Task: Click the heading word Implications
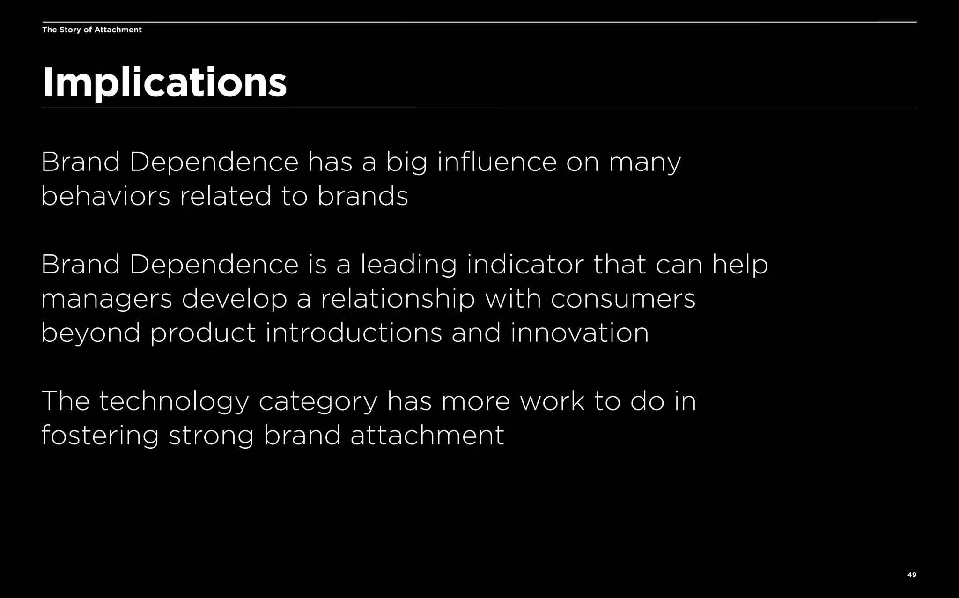pyautogui.click(x=164, y=83)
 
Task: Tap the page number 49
pyautogui.click(x=912, y=575)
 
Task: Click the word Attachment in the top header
pyautogui.click(x=118, y=30)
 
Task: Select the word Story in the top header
pyautogui.click(x=70, y=30)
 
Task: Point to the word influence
pyautogui.click(x=497, y=162)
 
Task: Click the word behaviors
pyautogui.click(x=106, y=196)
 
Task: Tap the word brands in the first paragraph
pyautogui.click(x=362, y=196)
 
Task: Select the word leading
pyautogui.click(x=408, y=265)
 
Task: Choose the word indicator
pyautogui.click(x=525, y=265)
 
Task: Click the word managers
pyautogui.click(x=107, y=299)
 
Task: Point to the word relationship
pyautogui.click(x=398, y=299)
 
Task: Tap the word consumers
pyautogui.click(x=623, y=299)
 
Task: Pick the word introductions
pyautogui.click(x=354, y=333)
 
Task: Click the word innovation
pyautogui.click(x=579, y=333)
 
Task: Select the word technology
pyautogui.click(x=174, y=402)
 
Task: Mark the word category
pyautogui.click(x=318, y=402)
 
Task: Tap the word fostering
pyautogui.click(x=100, y=436)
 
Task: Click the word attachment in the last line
pyautogui.click(x=427, y=436)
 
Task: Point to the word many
pyautogui.click(x=645, y=162)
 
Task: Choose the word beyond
pyautogui.click(x=91, y=333)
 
